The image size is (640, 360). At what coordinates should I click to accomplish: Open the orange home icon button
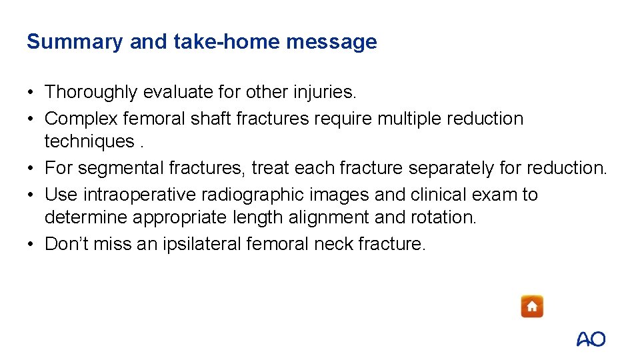(x=532, y=307)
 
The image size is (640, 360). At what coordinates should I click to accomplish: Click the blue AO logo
(x=591, y=339)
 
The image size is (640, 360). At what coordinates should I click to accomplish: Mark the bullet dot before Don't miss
(x=31, y=245)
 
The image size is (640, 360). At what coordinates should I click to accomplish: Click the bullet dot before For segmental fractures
(x=31, y=169)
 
